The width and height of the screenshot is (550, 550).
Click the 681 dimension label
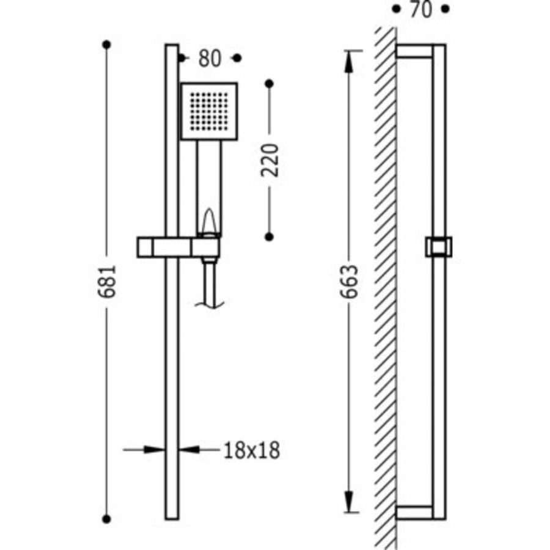click(x=106, y=281)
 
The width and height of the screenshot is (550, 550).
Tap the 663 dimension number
click(x=350, y=281)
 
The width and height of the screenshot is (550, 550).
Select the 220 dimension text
click(x=269, y=160)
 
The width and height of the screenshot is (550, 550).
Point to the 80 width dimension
click(x=210, y=58)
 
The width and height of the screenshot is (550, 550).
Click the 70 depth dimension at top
click(x=421, y=9)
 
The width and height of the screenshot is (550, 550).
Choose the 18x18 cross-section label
click(x=252, y=450)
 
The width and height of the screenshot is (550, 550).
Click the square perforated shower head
click(x=209, y=111)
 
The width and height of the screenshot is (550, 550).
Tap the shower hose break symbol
click(x=210, y=304)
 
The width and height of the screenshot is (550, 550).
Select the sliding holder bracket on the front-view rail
click(x=178, y=248)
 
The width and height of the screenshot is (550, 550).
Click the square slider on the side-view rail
click(x=439, y=247)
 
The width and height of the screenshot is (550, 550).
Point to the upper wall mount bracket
click(x=414, y=51)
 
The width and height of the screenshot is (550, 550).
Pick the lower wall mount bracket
click(x=414, y=513)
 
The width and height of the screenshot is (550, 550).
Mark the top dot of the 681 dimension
click(x=106, y=45)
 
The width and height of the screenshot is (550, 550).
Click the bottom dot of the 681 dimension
click(x=106, y=519)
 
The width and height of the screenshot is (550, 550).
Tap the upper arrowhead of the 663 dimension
click(x=349, y=62)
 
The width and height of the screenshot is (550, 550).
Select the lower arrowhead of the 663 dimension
click(x=349, y=502)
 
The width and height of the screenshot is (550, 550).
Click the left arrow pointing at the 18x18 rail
click(x=144, y=449)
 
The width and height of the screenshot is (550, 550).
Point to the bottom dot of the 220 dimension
click(x=269, y=237)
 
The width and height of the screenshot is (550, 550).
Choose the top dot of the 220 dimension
click(x=269, y=84)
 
